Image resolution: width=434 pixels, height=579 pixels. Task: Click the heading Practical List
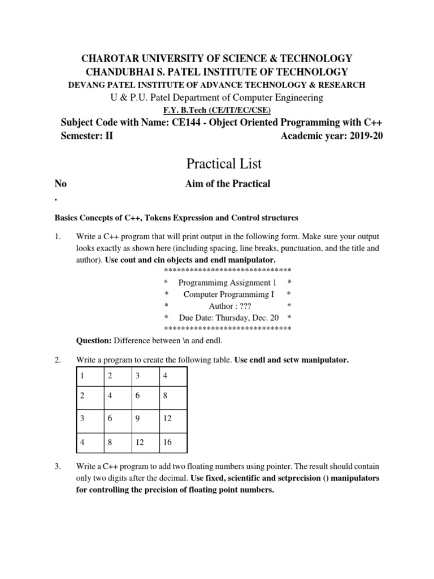point(224,163)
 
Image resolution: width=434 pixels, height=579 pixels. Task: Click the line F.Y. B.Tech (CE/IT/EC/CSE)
point(217,111)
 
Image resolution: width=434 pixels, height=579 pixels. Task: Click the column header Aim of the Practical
point(228,184)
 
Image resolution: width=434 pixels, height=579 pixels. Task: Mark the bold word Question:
point(94,341)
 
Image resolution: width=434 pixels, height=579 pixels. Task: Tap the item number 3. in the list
point(57,466)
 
